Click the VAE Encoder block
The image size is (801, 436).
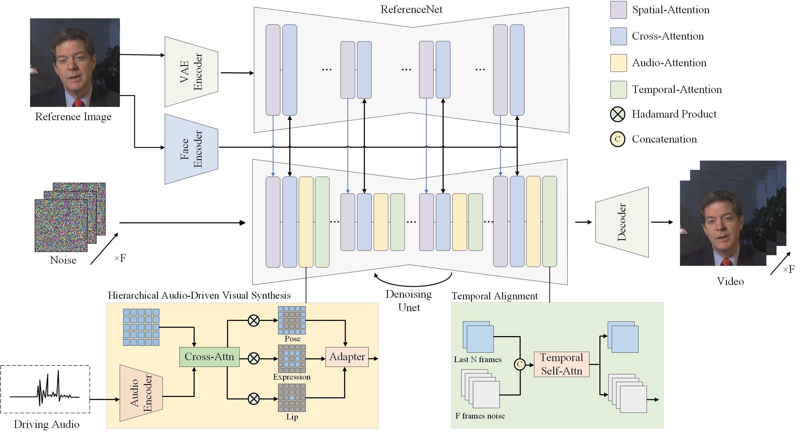tap(191, 72)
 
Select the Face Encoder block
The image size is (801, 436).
tap(191, 149)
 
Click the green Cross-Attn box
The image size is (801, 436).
tap(209, 357)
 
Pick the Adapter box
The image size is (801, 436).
tap(347, 357)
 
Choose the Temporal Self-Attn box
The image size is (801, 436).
tap(561, 364)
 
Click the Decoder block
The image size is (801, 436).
tap(622, 222)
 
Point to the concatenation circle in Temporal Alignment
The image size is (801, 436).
tap(520, 364)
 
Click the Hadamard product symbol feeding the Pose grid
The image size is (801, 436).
tap(253, 320)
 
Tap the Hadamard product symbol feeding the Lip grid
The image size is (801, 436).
tap(253, 398)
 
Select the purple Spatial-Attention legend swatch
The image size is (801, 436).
tap(618, 10)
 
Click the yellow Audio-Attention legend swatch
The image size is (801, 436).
tap(618, 63)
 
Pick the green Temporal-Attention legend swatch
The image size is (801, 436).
tap(618, 90)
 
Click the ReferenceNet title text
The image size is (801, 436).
tap(411, 9)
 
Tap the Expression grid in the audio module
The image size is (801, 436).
tap(291, 359)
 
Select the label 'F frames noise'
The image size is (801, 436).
tap(480, 416)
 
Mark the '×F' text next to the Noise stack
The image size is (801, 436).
tap(120, 258)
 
